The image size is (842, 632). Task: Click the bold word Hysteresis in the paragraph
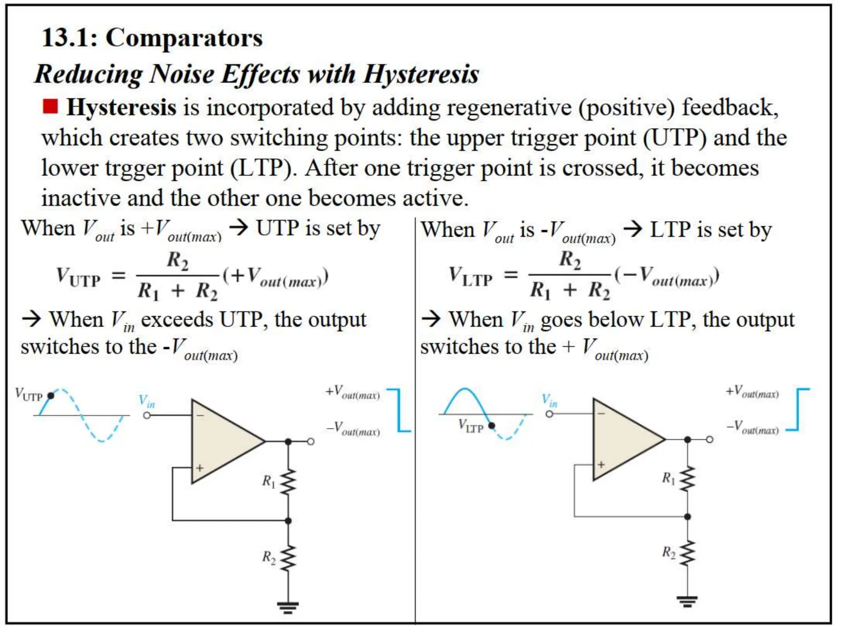point(122,108)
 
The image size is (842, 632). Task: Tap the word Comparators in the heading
point(184,38)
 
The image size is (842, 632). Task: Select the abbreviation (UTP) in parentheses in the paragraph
point(674,138)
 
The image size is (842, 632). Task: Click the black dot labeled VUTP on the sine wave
point(51,396)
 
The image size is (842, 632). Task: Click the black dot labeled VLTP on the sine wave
point(491,425)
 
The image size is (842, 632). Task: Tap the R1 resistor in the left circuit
point(288,481)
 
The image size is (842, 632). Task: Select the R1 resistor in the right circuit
point(687,479)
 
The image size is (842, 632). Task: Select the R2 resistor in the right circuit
point(687,553)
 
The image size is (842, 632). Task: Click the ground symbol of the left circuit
point(288,607)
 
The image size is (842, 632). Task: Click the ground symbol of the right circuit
point(687,602)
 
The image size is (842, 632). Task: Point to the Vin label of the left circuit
point(147,401)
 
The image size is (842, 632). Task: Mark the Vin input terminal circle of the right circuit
point(550,414)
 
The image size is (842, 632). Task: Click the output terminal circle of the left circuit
point(311,441)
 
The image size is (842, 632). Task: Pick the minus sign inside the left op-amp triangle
point(200,416)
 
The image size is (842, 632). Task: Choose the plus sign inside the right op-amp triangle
point(601,465)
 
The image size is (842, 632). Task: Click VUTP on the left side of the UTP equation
point(78,276)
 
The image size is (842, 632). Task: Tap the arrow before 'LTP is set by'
point(633,229)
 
